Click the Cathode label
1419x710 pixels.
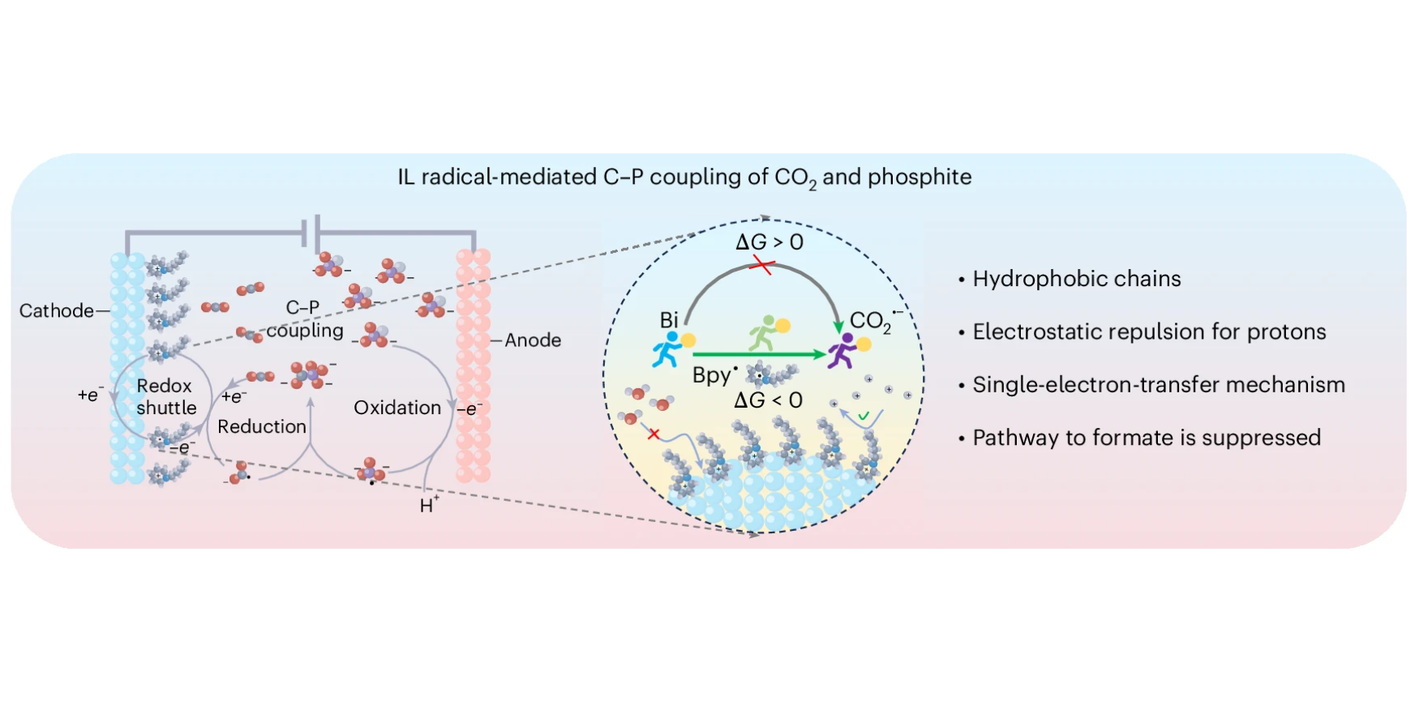[x=56, y=310]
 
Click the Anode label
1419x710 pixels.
[x=533, y=340]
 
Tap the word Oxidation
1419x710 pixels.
[x=397, y=408]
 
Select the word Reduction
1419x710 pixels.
[x=262, y=426]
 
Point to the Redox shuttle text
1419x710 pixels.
[x=166, y=396]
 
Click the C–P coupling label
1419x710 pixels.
[x=305, y=319]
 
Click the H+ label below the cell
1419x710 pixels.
[x=429, y=505]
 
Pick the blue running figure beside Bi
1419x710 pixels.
[x=668, y=349]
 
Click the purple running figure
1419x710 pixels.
[x=842, y=351]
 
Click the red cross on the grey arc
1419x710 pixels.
[x=761, y=265]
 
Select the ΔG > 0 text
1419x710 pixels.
[x=770, y=242]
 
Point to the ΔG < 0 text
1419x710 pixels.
[x=768, y=400]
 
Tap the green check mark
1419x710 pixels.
[x=864, y=416]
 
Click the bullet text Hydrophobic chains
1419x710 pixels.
[x=1077, y=279]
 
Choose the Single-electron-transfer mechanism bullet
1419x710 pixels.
[x=1159, y=385]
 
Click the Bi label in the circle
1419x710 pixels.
[x=669, y=320]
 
